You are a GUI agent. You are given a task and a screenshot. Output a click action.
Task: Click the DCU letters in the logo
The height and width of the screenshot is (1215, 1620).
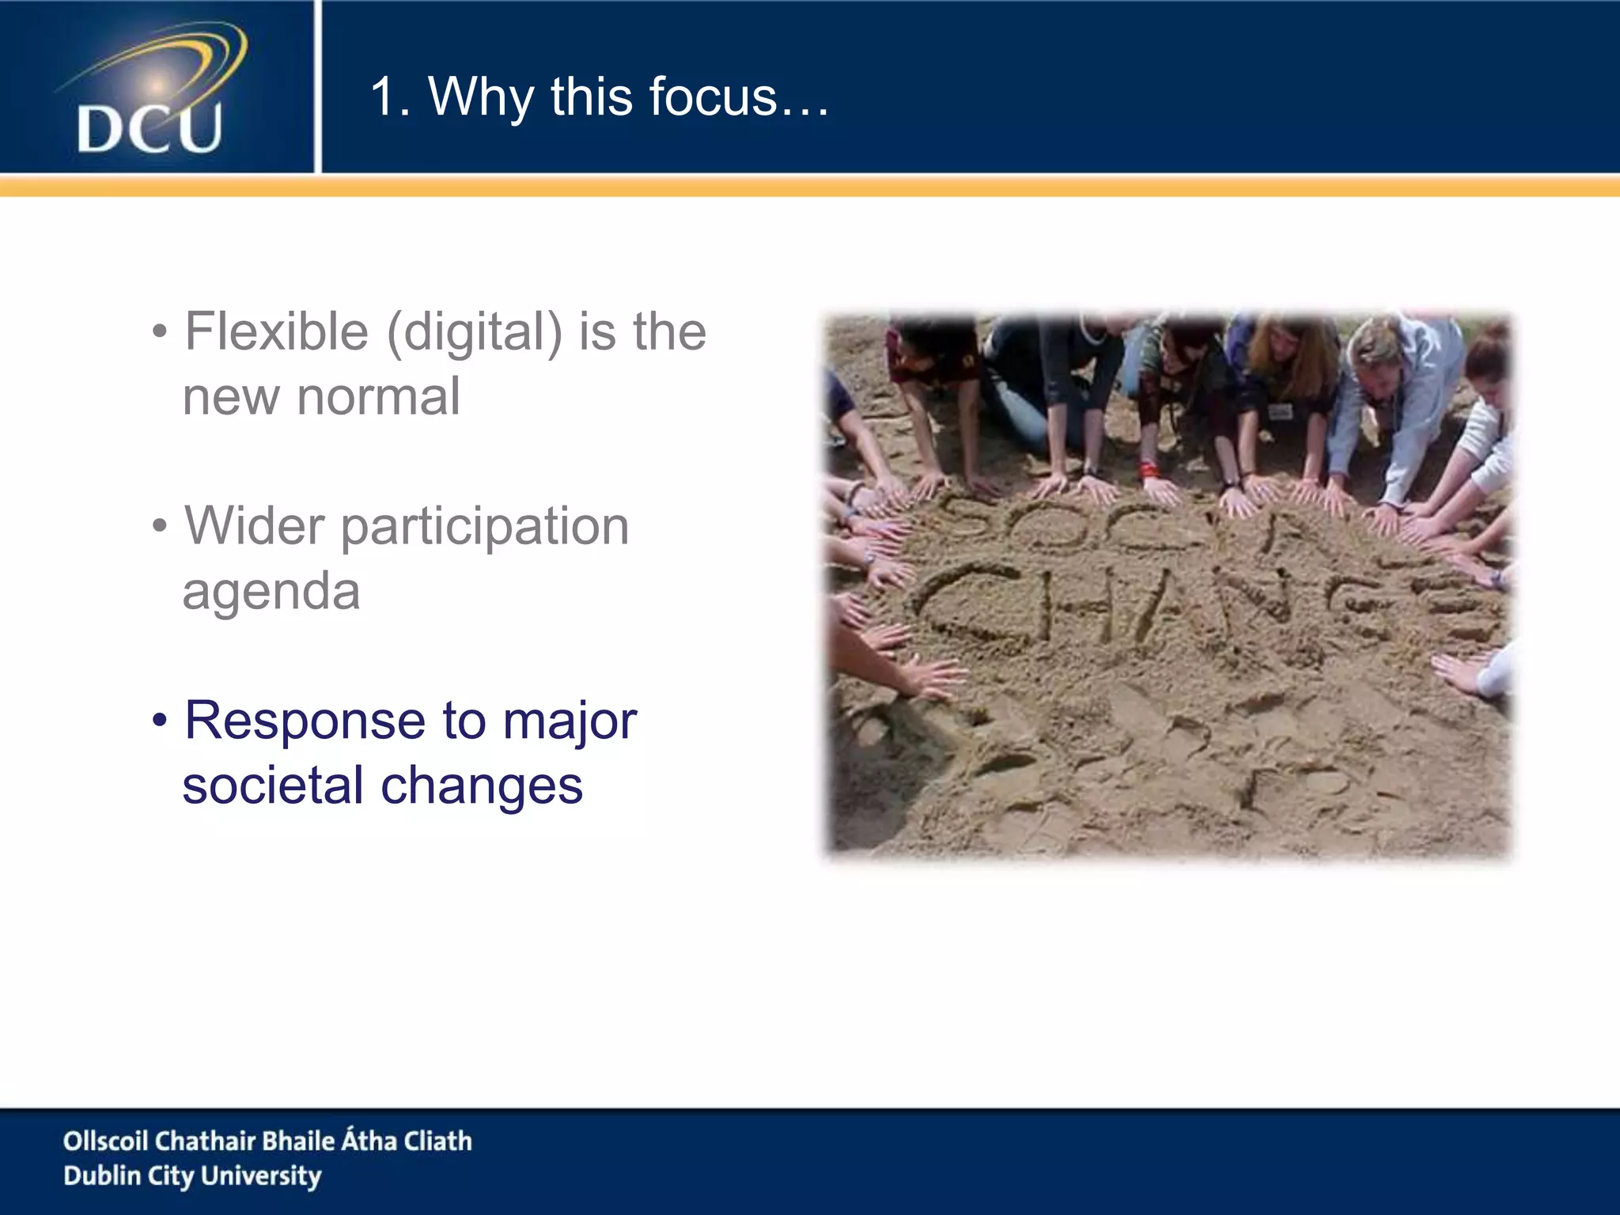coord(149,128)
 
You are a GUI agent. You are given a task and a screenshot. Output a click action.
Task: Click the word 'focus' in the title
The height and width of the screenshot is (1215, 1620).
coord(712,97)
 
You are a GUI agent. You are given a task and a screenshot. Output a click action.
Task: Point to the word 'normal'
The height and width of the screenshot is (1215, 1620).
coord(377,396)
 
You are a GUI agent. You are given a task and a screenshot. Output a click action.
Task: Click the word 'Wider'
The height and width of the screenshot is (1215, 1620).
coord(254,526)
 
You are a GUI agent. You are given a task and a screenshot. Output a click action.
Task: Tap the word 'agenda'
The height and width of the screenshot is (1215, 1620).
coord(271,592)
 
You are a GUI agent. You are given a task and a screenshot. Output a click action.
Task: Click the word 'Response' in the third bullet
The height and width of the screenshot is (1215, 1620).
coord(305,721)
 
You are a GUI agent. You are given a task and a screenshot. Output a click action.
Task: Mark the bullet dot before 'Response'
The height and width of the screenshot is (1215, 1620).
coord(160,721)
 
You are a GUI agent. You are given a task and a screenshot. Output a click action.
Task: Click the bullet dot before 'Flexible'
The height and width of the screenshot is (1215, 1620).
coord(160,332)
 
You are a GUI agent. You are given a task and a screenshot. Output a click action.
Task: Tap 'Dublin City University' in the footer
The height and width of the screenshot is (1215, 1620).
coord(192,1175)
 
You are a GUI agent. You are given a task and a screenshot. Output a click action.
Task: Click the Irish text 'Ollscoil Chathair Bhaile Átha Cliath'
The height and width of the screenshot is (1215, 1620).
coord(267,1141)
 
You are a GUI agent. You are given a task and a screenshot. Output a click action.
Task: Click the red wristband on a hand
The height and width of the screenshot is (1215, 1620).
coord(1149,470)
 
